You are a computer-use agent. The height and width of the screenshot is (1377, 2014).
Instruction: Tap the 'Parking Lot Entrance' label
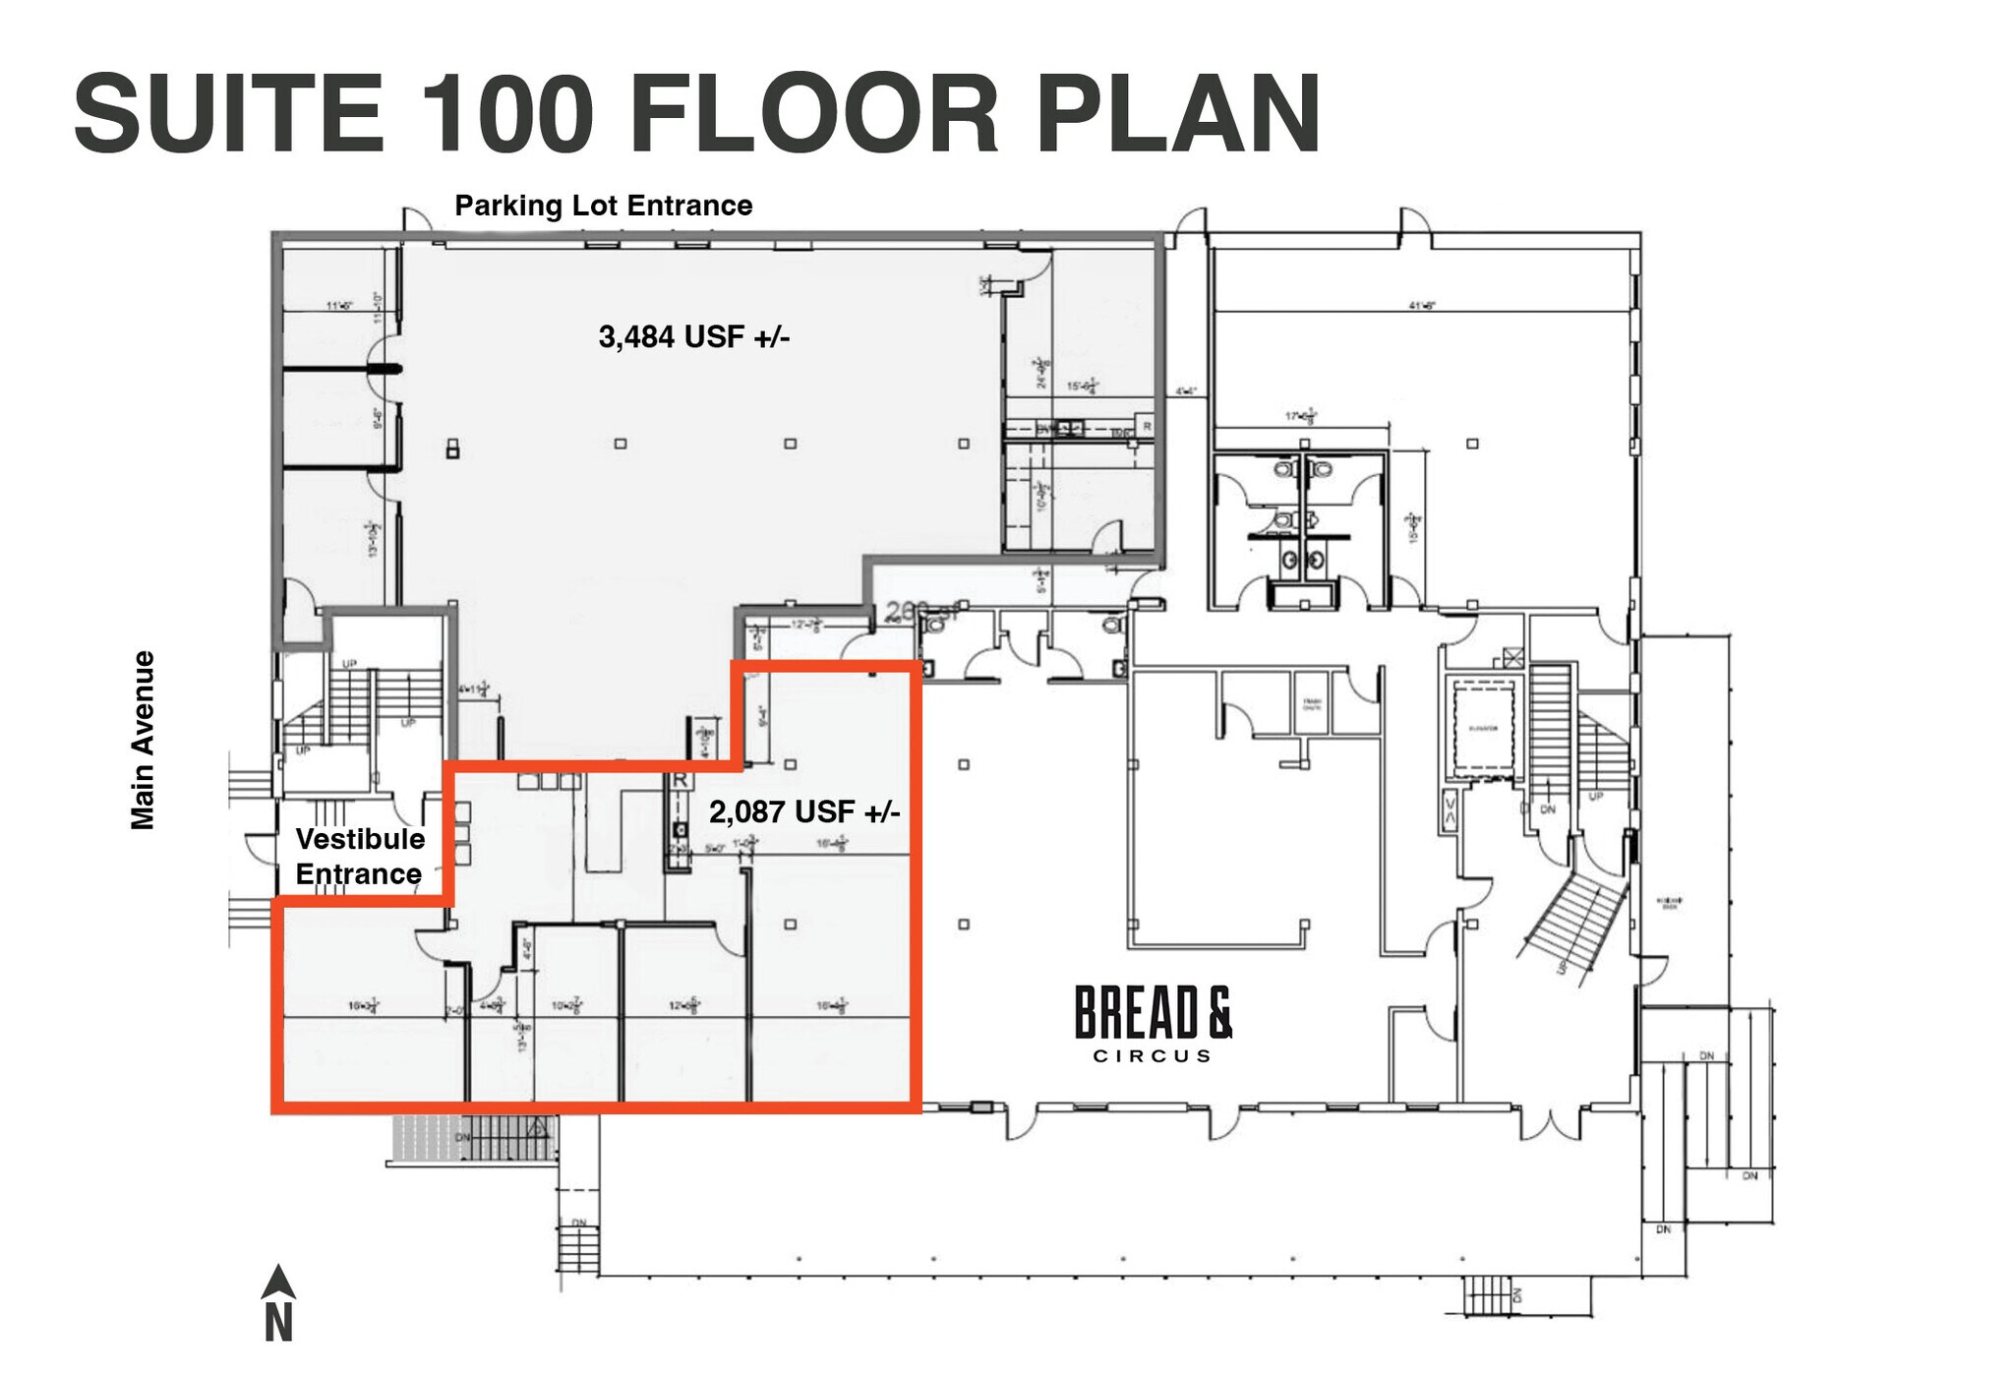click(x=603, y=206)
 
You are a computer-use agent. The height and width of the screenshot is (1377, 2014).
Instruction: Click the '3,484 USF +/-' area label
click(x=693, y=337)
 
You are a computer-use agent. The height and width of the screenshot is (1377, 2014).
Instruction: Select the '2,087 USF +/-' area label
click(x=803, y=812)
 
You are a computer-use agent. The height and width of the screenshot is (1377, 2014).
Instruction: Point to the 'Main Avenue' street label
click(x=144, y=740)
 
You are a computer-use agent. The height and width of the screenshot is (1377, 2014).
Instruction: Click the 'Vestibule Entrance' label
click(x=360, y=857)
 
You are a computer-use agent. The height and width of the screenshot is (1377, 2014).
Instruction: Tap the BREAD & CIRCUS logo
click(x=1153, y=1023)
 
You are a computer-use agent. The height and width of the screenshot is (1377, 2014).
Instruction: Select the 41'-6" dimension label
click(x=1422, y=306)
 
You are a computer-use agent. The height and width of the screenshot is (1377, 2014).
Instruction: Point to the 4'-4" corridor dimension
click(x=1186, y=391)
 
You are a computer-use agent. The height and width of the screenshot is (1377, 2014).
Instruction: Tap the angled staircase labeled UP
click(x=1570, y=920)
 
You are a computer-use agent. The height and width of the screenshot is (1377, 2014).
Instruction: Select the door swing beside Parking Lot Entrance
click(x=417, y=220)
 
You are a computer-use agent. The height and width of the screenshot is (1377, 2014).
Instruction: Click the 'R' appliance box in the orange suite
click(x=679, y=780)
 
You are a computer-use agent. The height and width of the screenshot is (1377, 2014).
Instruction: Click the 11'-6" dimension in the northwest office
click(x=339, y=306)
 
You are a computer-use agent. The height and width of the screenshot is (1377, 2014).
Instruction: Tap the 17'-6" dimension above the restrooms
click(x=1301, y=416)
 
